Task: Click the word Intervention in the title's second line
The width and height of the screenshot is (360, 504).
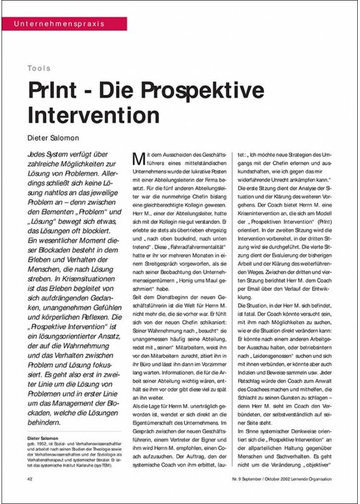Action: tap(89, 114)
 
